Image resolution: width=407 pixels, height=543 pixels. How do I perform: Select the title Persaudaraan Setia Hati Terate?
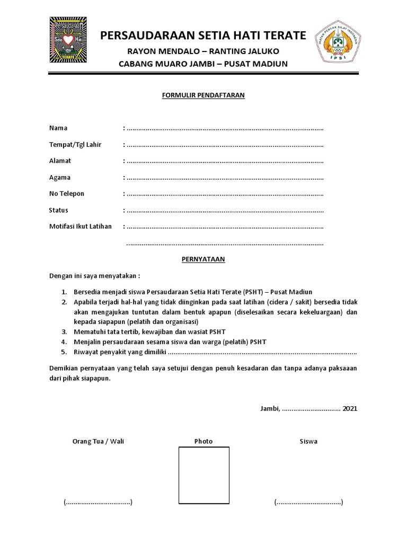(203, 36)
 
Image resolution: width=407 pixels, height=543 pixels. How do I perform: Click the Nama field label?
(58, 128)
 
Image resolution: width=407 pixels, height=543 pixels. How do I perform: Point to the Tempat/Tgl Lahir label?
(75, 144)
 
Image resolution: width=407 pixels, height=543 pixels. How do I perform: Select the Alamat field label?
(60, 161)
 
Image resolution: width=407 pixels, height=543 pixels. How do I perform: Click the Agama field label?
(60, 177)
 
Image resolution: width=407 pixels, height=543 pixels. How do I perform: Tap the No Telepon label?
(67, 194)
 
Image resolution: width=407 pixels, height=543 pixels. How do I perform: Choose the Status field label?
(59, 210)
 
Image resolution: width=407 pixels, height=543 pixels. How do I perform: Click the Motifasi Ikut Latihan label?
(81, 226)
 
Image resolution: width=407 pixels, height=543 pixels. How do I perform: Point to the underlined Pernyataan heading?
(201, 259)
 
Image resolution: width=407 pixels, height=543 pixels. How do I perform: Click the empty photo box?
(203, 474)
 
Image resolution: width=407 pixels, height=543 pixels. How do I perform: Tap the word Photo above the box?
(203, 441)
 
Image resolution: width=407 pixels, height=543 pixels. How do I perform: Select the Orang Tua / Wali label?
(98, 441)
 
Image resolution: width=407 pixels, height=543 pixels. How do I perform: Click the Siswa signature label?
(308, 441)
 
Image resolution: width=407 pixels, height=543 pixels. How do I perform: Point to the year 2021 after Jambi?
(350, 409)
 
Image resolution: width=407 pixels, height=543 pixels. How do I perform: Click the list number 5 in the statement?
(63, 352)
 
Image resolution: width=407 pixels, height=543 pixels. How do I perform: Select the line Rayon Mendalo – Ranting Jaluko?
(203, 51)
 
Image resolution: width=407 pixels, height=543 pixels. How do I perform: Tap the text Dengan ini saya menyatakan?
(95, 276)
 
